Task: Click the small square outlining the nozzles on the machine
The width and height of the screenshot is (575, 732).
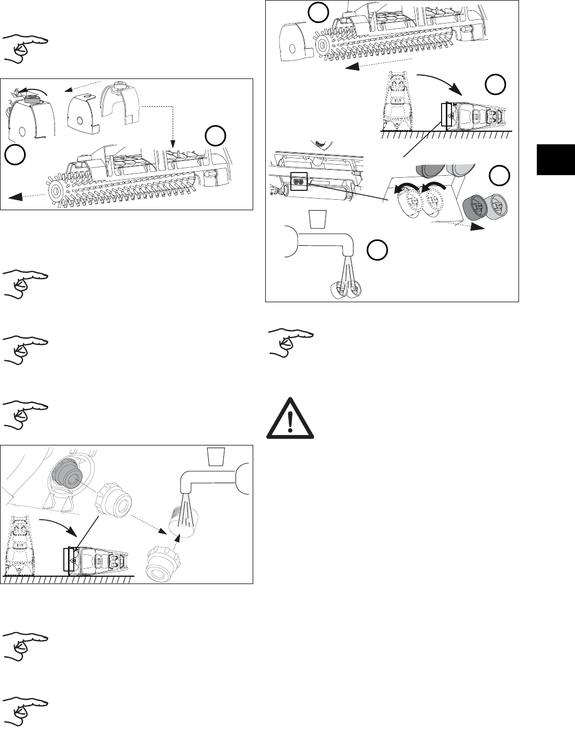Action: pos(298,182)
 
